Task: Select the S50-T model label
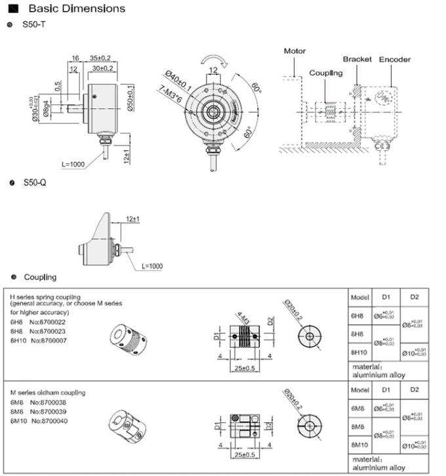click(34, 24)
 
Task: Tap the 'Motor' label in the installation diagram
click(294, 51)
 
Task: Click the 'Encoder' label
click(395, 60)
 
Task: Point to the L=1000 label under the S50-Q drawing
click(152, 266)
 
